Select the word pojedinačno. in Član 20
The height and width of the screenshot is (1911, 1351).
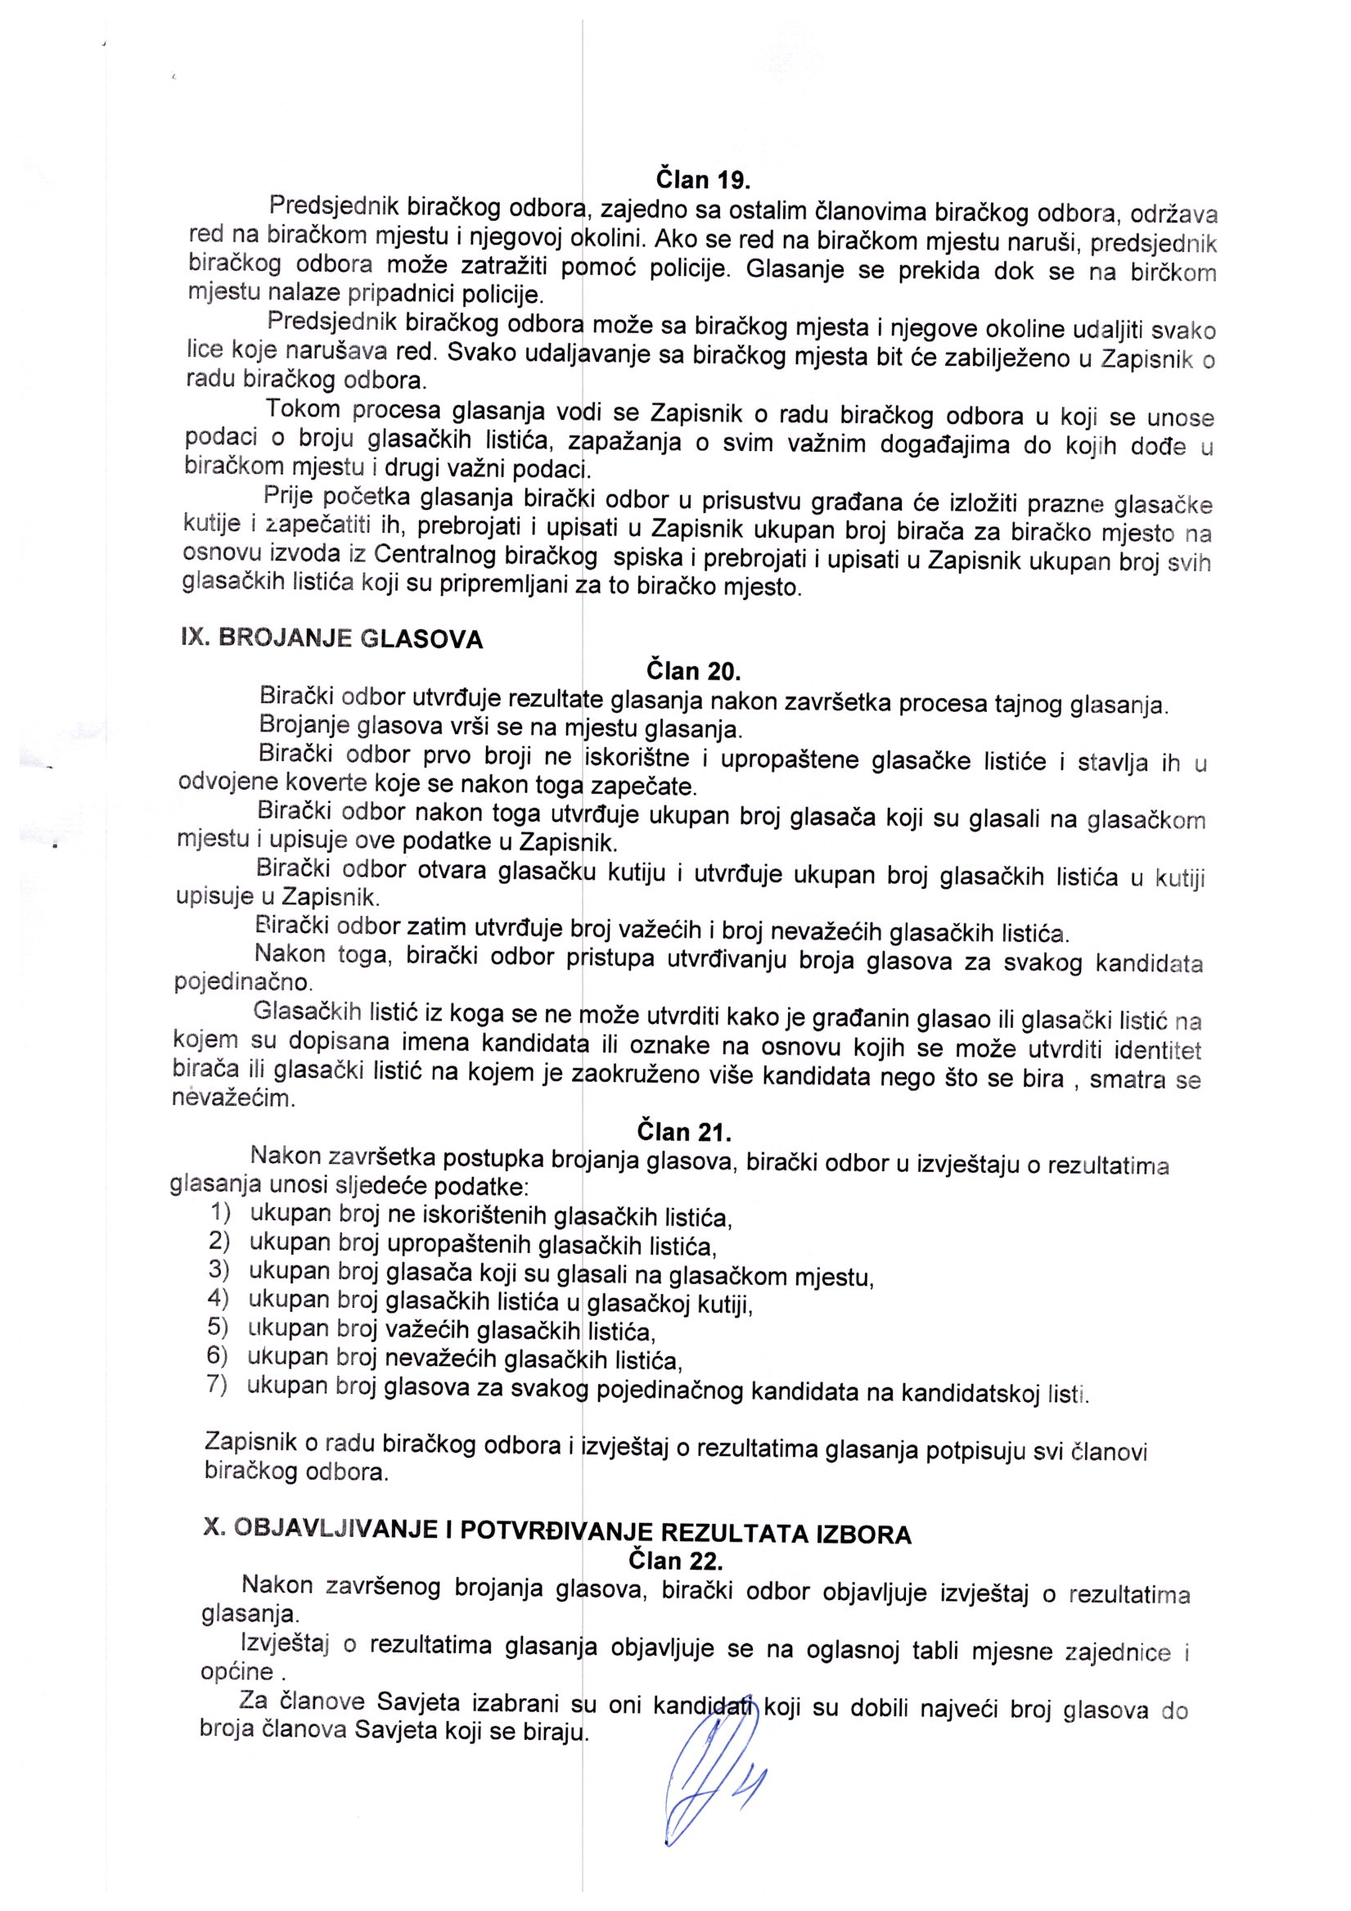[x=242, y=983]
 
